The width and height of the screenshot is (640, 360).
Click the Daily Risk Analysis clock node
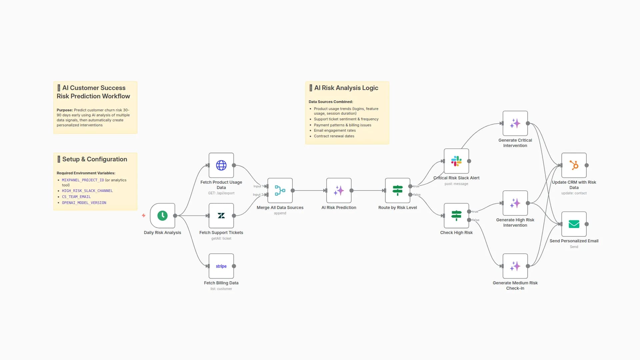coord(162,216)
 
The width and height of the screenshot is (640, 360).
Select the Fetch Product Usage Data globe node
coord(221,165)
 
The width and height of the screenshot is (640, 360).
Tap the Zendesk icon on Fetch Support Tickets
coord(221,216)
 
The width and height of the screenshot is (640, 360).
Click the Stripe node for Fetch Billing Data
coord(221,266)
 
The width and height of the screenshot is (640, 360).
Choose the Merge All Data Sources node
coord(280,191)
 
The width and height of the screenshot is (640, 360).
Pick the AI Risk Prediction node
coord(339,191)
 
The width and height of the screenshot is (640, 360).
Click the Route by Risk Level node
coord(397,191)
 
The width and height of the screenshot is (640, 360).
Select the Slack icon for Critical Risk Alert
coord(456,161)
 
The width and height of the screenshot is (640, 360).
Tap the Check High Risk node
coord(456,216)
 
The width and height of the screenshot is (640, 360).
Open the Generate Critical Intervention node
coord(515,123)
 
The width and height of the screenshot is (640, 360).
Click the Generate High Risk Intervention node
coord(515,203)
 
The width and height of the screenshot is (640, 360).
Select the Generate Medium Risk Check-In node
coord(515,266)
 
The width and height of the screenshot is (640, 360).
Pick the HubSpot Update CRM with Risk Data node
coord(574,165)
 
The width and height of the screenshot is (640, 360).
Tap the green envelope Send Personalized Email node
coord(574,224)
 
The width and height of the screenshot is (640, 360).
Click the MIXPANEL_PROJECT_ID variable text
coord(83,180)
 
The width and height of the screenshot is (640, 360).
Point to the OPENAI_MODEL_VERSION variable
coord(84,203)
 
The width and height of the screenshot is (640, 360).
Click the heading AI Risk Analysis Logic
coord(346,88)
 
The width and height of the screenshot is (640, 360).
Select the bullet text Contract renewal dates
coord(334,136)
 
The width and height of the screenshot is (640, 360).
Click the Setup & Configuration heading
coord(94,159)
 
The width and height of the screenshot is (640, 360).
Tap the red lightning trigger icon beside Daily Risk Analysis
coord(144,216)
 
